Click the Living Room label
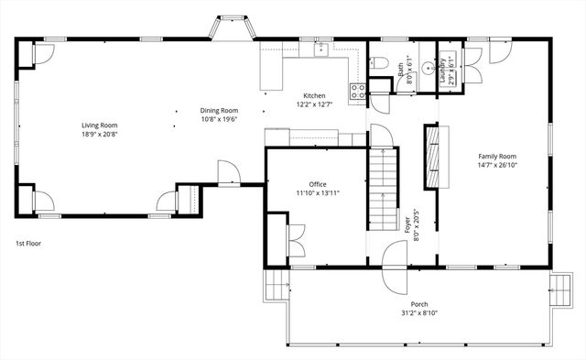point(100,125)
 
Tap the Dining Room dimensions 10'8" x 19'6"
point(219,118)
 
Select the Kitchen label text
point(315,95)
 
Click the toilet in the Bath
point(380,61)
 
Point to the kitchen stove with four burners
point(358,90)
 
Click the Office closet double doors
point(296,240)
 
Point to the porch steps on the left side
point(276,286)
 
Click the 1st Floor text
point(27,244)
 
